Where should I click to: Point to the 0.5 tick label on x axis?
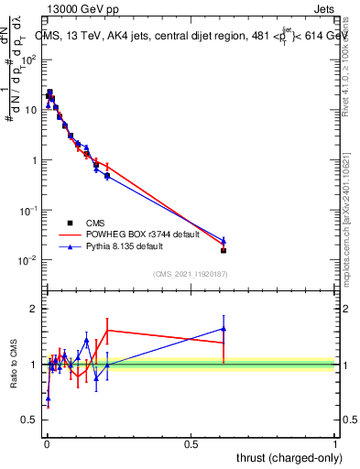click(x=191, y=444)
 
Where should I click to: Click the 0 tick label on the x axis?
click(x=47, y=444)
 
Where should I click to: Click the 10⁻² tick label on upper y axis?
click(x=28, y=261)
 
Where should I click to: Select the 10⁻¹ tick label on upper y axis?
click(x=28, y=211)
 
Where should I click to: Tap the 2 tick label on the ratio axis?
click(x=33, y=309)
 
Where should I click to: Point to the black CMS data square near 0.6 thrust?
click(x=224, y=250)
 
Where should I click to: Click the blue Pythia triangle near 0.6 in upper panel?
click(x=224, y=240)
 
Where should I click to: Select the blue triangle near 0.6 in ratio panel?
click(x=224, y=328)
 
